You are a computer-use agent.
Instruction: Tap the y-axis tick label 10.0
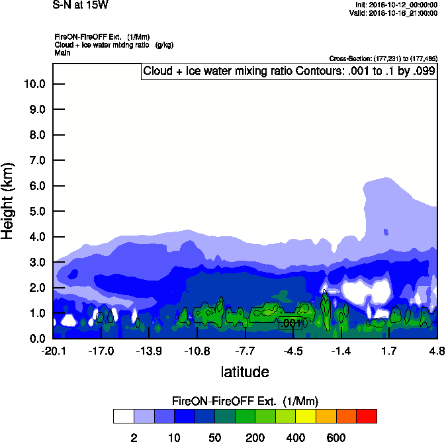point(34,84)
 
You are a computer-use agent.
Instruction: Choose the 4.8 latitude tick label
point(437,351)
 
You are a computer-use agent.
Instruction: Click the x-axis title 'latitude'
point(245,372)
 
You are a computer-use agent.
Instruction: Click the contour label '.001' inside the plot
point(291,324)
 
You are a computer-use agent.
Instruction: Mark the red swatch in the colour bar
point(366,416)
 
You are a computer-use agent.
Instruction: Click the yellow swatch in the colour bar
point(305,416)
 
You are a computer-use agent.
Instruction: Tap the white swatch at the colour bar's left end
point(123,416)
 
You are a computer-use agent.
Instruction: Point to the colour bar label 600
point(336,437)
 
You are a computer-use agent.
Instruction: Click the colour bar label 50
point(214,437)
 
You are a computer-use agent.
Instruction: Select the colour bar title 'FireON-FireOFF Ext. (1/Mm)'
point(245,402)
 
